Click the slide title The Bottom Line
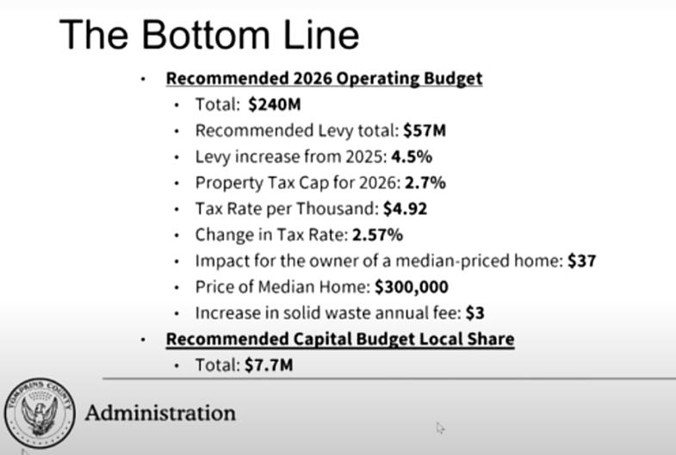coord(209,34)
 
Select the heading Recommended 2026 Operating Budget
coord(324,78)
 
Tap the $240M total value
coord(275,105)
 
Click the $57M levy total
coord(425,131)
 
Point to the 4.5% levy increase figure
coord(412,157)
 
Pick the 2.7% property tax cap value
coord(425,183)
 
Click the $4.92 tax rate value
coord(406,209)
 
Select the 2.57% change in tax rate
coord(378,235)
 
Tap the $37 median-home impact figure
coord(582,261)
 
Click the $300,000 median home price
coord(412,286)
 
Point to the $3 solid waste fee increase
coord(475,313)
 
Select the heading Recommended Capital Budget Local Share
coord(340,339)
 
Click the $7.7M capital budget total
coord(269,365)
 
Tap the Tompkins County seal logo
coord(40,413)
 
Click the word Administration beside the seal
coord(160,413)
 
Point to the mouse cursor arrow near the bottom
coord(440,427)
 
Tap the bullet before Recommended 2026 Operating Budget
coord(144,79)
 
